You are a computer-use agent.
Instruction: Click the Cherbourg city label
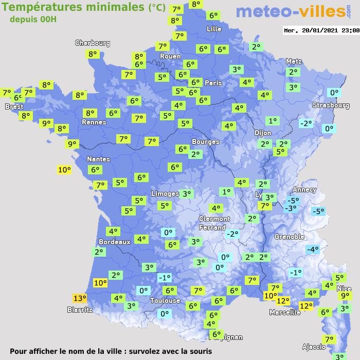pyautogui.click(x=93, y=43)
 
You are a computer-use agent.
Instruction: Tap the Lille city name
pyautogui.click(x=214, y=29)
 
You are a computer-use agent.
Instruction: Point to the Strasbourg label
pyautogui.click(x=331, y=105)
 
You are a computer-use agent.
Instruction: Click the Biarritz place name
pyautogui.click(x=80, y=310)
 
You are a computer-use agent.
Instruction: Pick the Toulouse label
pyautogui.click(x=165, y=300)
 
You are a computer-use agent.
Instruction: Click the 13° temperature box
pyautogui.click(x=79, y=298)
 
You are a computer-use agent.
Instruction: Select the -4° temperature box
pyautogui.click(x=312, y=249)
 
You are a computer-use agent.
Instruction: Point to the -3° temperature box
pyautogui.click(x=291, y=208)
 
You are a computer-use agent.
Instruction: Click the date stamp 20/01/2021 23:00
pyautogui.click(x=321, y=30)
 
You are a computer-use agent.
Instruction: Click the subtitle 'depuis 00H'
pyautogui.click(x=33, y=19)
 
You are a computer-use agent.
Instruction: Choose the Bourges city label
pyautogui.click(x=205, y=141)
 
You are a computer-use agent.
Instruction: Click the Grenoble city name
pyautogui.click(x=290, y=237)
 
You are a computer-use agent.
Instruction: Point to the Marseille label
pyautogui.click(x=285, y=312)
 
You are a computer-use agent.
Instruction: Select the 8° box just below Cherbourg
pyautogui.click(x=93, y=53)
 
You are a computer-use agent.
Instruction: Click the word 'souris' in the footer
pyautogui.click(x=199, y=351)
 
